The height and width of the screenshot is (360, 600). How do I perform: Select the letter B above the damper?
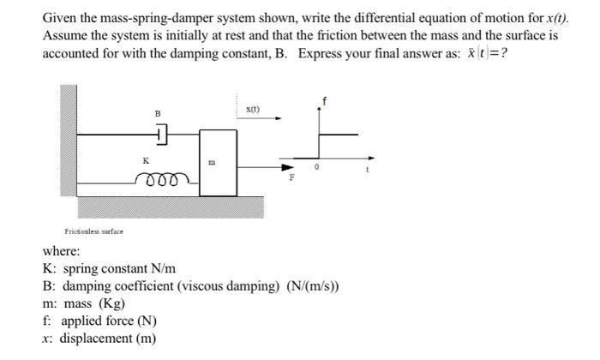pos(157,112)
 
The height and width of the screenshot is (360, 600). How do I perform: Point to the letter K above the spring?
pos(146,159)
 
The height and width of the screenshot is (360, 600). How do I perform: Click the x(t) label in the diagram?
pos(252,109)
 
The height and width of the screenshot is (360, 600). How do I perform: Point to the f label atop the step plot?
pos(324,102)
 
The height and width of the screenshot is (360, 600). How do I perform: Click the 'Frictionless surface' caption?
pos(94,231)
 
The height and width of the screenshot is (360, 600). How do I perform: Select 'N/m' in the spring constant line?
pos(160,269)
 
